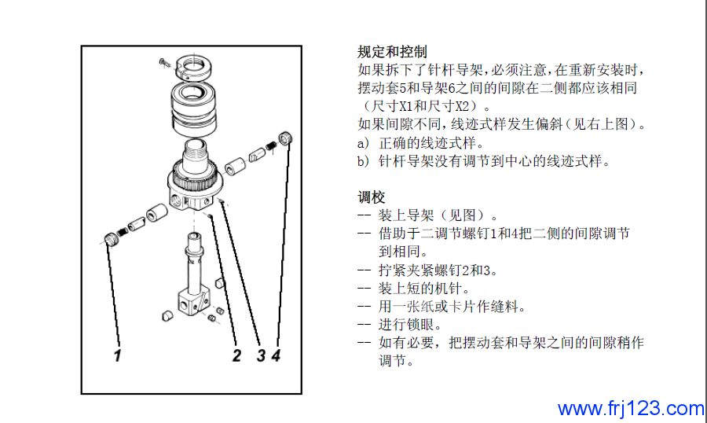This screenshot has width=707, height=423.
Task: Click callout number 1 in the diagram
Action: (x=117, y=355)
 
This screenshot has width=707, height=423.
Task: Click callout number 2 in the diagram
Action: (x=236, y=355)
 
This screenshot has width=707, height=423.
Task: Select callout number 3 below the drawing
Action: (x=261, y=355)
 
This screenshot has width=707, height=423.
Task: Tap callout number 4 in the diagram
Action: (x=276, y=355)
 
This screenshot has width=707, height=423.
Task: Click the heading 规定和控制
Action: (x=392, y=52)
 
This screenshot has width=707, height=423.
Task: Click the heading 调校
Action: (x=371, y=197)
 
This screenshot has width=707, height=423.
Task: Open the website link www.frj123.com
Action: (x=631, y=409)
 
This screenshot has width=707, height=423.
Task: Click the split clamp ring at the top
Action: (x=194, y=65)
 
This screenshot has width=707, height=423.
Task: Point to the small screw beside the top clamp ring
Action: (x=165, y=63)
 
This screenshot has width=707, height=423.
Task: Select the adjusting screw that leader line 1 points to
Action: (x=111, y=238)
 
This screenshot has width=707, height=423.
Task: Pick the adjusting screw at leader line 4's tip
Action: (x=285, y=138)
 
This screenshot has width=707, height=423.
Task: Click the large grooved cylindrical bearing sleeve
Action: (x=194, y=109)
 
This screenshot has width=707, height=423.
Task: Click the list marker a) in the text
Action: (x=364, y=144)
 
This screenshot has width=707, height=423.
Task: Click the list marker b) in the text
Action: (x=364, y=161)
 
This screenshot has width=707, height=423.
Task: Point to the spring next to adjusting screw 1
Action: (x=122, y=233)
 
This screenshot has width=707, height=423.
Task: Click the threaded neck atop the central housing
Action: (x=195, y=151)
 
